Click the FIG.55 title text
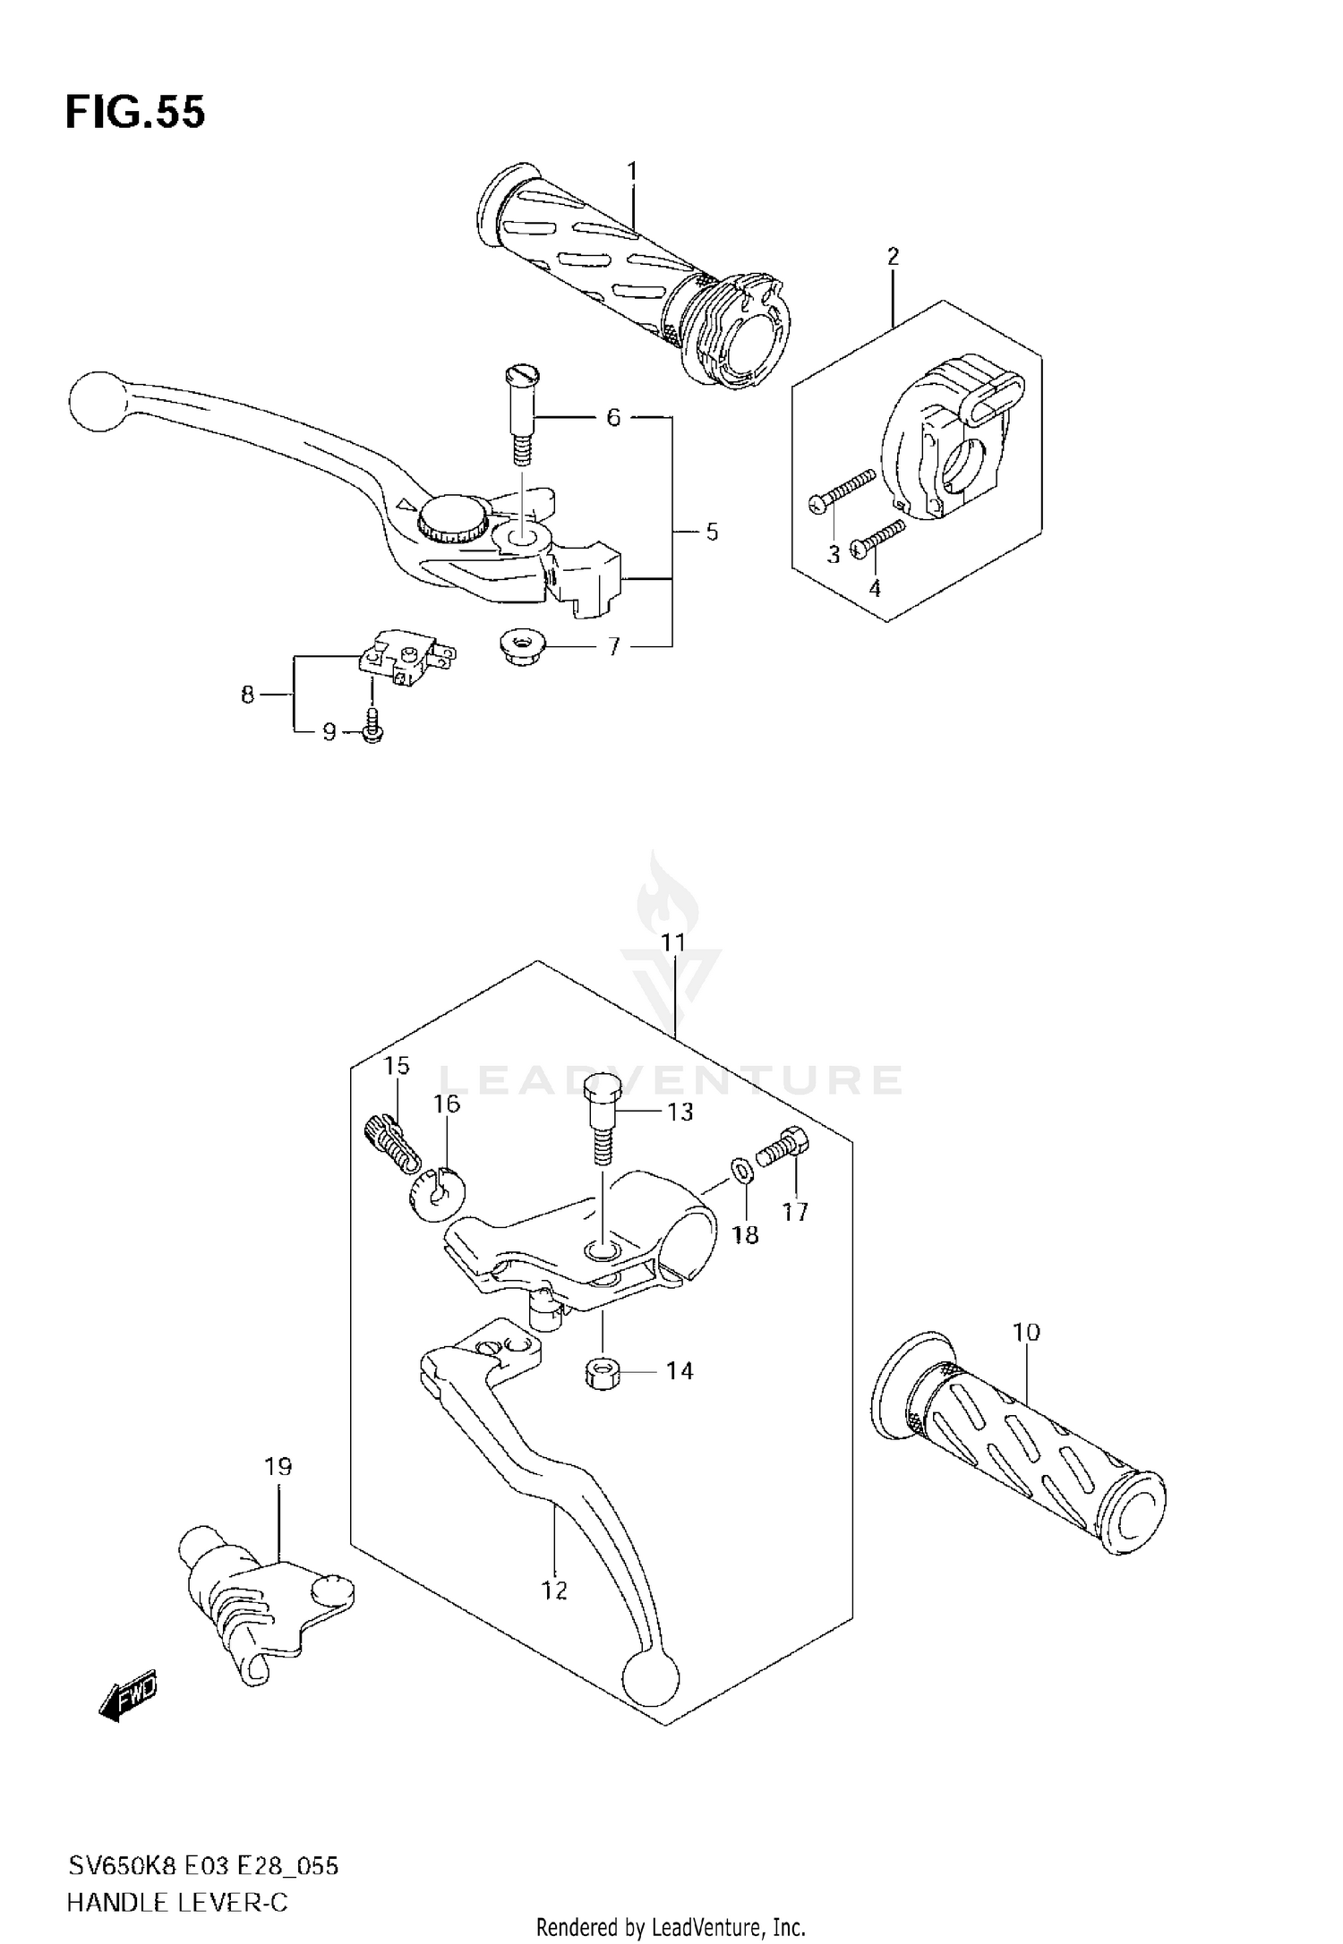(135, 113)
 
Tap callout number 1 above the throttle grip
(632, 170)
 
